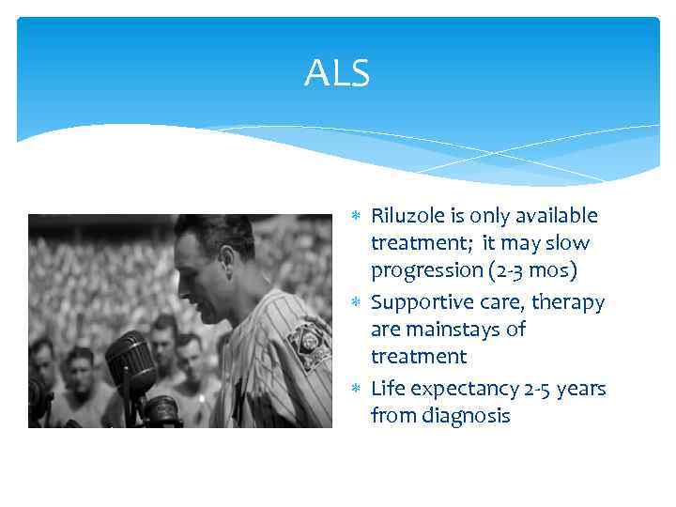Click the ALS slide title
337,72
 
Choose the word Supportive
417,302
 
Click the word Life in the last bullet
388,389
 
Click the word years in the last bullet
581,389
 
